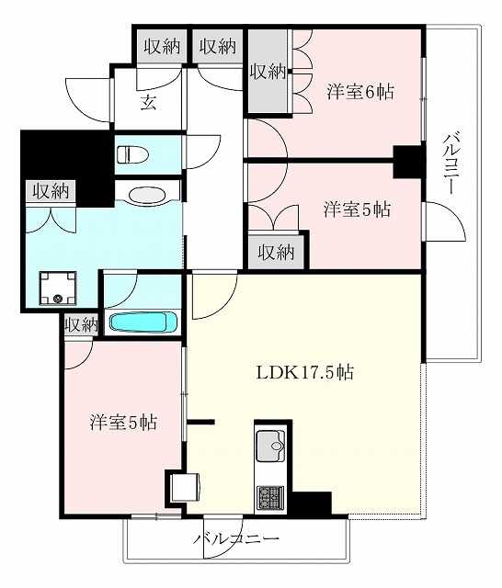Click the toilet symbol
pyautogui.click(x=132, y=155)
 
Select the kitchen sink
pyautogui.click(x=270, y=446)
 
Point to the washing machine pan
pyautogui.click(x=58, y=288)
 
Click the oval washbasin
pyautogui.click(x=147, y=196)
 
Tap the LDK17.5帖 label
pyautogui.click(x=304, y=372)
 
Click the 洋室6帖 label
pyautogui.click(x=360, y=91)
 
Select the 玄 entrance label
pyautogui.click(x=148, y=102)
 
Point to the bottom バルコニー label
pyautogui.click(x=236, y=539)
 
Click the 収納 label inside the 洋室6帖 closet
pyautogui.click(x=268, y=72)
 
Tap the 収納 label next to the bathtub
pyautogui.click(x=82, y=324)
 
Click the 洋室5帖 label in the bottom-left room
pyautogui.click(x=123, y=423)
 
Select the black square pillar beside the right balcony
pyautogui.click(x=409, y=162)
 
